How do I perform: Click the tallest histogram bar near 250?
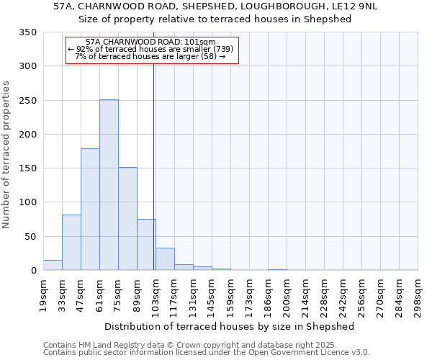pos(109,185)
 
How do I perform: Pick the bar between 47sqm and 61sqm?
pos(90,210)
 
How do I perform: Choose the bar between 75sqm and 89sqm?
pos(127,219)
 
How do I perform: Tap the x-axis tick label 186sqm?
pos(268,293)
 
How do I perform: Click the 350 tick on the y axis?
pos(28,32)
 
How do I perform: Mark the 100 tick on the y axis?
pos(28,202)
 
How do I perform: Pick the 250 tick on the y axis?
pos(28,101)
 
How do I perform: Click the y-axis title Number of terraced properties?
pos(7,155)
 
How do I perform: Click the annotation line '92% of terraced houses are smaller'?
pos(151,49)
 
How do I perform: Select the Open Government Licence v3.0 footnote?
pos(207,353)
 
